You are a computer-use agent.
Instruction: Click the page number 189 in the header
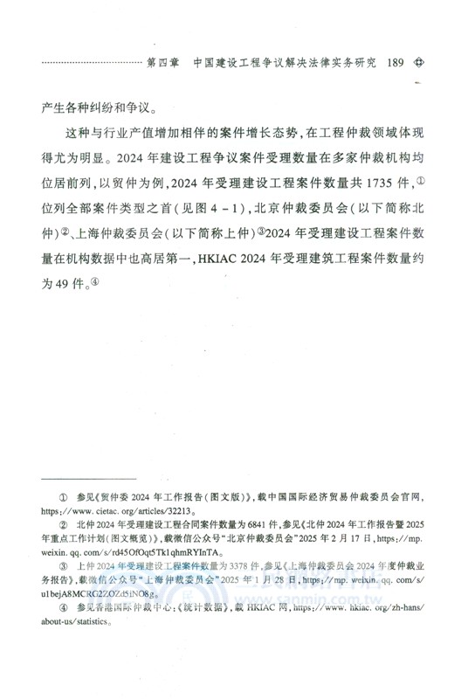(394, 63)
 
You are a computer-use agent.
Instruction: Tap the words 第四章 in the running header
(164, 63)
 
